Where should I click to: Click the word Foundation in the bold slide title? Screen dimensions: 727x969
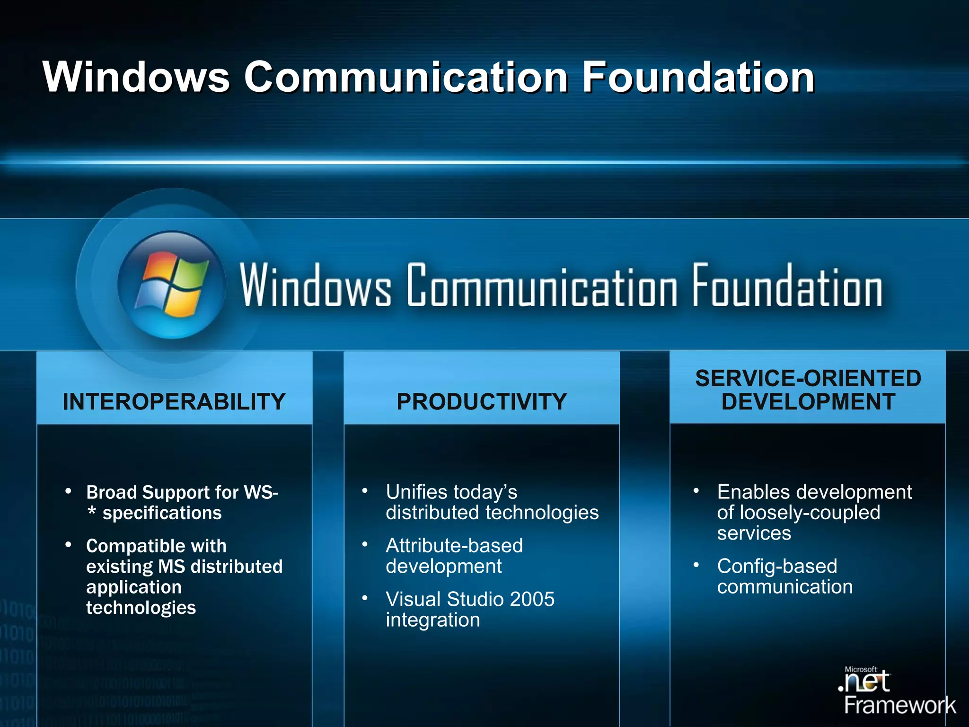tap(698, 77)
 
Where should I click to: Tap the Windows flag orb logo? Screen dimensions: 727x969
tap(171, 285)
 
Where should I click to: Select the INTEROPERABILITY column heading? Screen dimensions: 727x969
tap(174, 402)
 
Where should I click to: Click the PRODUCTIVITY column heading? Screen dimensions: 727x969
tap(482, 402)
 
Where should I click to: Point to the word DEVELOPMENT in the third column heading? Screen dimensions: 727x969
tap(808, 402)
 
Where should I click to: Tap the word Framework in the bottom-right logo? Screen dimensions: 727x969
tap(899, 705)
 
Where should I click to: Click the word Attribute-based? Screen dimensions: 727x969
tap(454, 546)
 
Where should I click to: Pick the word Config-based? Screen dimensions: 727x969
tap(777, 566)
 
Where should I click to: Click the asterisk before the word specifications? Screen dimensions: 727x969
tap(92, 512)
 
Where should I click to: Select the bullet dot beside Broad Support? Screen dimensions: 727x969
tap(69, 491)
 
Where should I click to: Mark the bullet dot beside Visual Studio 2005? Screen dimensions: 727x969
tap(365, 598)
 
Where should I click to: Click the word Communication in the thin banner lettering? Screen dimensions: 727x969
tap(541, 286)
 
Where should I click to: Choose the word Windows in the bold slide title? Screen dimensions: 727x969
tap(136, 77)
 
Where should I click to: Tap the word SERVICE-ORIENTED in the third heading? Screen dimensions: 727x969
tap(808, 379)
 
